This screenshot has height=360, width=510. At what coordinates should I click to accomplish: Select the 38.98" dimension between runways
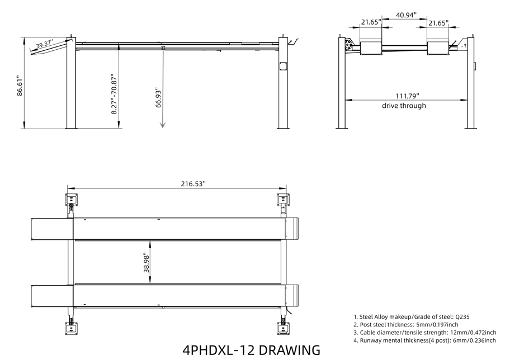(147, 260)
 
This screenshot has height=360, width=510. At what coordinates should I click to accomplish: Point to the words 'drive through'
(404, 106)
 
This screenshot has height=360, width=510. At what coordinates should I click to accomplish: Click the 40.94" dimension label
(406, 15)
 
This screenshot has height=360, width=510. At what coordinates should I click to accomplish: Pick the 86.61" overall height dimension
(18, 86)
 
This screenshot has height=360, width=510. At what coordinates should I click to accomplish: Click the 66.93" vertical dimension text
(158, 97)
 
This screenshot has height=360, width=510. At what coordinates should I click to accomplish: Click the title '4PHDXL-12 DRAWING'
(252, 350)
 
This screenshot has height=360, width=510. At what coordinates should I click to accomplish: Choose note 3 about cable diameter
(424, 332)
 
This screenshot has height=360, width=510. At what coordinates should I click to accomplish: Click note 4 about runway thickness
(424, 340)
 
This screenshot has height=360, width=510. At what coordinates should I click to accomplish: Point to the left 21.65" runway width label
(370, 22)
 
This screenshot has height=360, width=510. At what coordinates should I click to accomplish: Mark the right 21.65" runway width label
(438, 22)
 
